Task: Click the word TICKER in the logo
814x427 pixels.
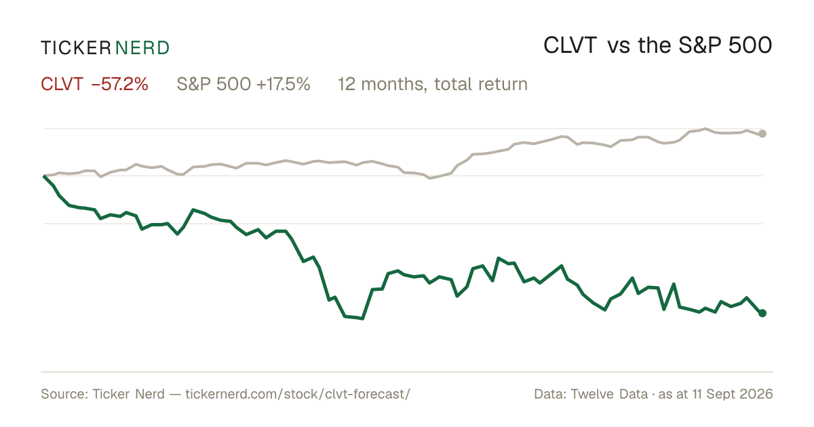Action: pyautogui.click(x=75, y=48)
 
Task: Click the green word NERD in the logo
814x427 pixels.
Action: pyautogui.click(x=142, y=48)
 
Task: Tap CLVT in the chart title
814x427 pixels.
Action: pyautogui.click(x=570, y=46)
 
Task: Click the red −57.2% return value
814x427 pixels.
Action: pyautogui.click(x=120, y=84)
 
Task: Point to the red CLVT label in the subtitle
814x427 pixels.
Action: pyautogui.click(x=62, y=84)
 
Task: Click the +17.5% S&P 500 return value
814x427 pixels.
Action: pyautogui.click(x=284, y=84)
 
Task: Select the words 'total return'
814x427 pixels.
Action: pyautogui.click(x=481, y=84)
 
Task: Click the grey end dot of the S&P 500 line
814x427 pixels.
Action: pyautogui.click(x=762, y=134)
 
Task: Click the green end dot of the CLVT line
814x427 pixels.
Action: pyautogui.click(x=762, y=313)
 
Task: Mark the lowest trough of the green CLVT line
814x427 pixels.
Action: pyautogui.click(x=362, y=319)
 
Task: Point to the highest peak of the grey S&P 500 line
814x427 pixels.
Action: pyautogui.click(x=705, y=129)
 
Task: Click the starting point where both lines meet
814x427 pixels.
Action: pyautogui.click(x=44, y=176)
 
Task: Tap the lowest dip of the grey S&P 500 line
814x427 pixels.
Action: pyautogui.click(x=429, y=178)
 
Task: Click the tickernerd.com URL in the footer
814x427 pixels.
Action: pyautogui.click(x=298, y=394)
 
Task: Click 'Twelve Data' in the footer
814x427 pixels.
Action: pyautogui.click(x=609, y=394)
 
